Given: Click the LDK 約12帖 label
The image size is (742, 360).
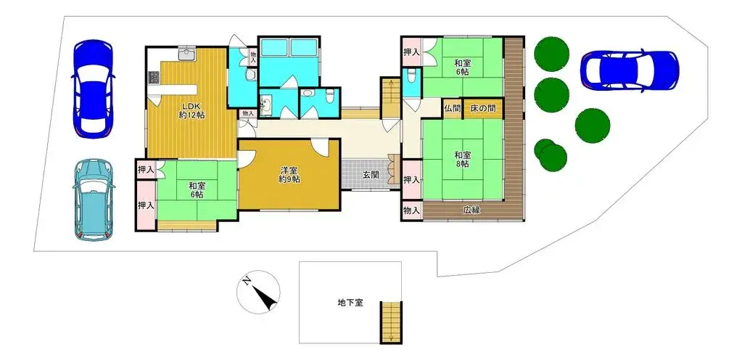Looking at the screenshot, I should [191, 109].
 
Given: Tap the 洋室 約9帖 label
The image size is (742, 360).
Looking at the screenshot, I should [290, 175].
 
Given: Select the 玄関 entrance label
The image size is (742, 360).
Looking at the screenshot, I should [371, 174].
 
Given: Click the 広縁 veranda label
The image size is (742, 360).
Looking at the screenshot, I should [471, 210].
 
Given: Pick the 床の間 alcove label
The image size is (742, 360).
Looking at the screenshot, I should [483, 107].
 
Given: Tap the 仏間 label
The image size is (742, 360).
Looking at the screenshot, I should [452, 107].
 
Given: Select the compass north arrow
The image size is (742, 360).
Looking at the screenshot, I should [258, 291].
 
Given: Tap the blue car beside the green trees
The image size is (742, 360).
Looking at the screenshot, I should [629, 70].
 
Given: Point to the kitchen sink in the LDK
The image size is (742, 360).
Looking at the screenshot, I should [187, 55].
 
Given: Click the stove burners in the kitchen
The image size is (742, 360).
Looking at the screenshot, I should [154, 77].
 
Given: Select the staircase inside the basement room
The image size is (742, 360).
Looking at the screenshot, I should [390, 322].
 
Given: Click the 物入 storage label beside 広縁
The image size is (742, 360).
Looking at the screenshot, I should [411, 210].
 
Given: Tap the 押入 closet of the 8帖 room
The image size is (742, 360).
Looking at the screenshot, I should [411, 179].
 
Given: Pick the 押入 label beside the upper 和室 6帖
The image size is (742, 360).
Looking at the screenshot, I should [411, 53].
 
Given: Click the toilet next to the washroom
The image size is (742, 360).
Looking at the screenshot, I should [329, 94].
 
